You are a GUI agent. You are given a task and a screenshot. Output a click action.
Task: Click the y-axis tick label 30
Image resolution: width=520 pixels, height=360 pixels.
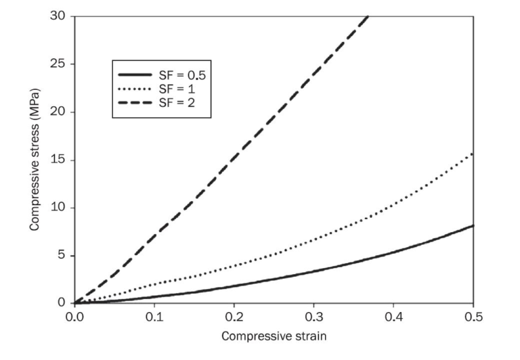click(57, 16)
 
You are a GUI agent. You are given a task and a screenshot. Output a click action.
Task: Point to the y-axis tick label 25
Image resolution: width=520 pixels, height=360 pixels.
click(57, 64)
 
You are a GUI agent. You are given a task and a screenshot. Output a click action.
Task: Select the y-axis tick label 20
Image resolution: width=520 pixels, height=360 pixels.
click(57, 112)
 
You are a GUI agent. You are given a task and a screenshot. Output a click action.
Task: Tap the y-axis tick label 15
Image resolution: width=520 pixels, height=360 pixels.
click(57, 160)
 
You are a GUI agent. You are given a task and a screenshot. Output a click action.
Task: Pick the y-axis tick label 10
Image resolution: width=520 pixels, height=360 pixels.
click(57, 207)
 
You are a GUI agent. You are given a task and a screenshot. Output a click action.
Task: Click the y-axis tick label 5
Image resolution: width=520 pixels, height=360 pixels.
click(60, 255)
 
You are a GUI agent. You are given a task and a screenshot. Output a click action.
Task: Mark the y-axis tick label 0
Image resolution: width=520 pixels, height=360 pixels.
click(60, 302)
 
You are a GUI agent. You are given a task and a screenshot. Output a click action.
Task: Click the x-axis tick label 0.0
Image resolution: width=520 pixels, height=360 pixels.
click(74, 316)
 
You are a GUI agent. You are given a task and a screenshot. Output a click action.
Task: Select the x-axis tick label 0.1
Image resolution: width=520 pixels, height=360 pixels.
click(154, 316)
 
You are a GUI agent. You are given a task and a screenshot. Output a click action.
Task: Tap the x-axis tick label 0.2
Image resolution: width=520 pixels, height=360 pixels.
click(234, 316)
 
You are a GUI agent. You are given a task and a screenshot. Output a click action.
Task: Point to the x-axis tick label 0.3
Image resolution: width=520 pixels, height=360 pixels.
click(313, 316)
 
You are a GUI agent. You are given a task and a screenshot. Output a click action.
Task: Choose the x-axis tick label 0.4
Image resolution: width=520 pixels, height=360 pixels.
click(393, 316)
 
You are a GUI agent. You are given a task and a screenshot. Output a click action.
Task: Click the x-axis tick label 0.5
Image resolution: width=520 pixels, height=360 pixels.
click(473, 316)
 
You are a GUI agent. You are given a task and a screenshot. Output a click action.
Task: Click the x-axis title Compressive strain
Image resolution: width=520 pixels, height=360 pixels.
click(274, 336)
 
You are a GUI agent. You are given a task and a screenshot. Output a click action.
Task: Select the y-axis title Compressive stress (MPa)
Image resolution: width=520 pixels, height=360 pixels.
click(34, 159)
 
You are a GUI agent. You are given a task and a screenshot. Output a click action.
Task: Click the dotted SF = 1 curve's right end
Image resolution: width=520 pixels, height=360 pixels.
click(473, 154)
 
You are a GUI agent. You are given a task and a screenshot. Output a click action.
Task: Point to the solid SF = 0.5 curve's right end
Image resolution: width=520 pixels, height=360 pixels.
click(473, 225)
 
